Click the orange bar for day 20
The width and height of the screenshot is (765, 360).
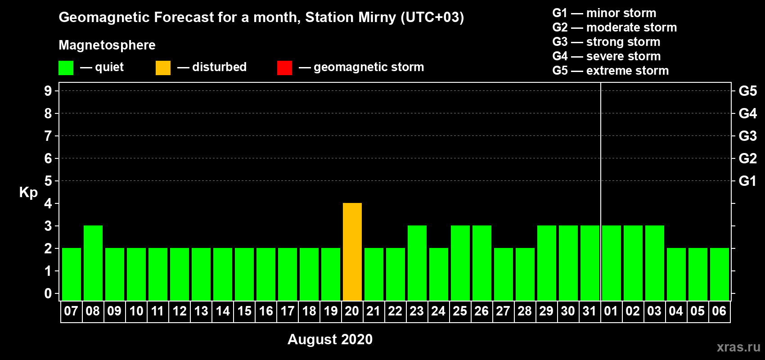coord(352,252)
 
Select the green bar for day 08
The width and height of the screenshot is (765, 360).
coord(93,263)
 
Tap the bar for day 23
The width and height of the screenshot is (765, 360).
coord(417,263)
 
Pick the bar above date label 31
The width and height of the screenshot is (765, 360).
coord(590,263)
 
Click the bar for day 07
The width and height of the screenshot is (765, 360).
coord(72,274)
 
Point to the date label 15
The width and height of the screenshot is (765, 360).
coord(244,311)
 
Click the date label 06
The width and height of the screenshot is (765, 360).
coord(719,311)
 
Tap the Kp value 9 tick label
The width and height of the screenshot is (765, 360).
coord(48,91)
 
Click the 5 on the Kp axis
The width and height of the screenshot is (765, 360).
coord(48,181)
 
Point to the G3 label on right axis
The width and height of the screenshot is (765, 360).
coord(747,136)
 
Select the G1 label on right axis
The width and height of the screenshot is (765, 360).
coord(747,181)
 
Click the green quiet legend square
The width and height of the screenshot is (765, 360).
coord(66,67)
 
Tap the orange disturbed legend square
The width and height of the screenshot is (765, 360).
coord(163,67)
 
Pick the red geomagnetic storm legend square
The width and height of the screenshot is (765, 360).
coord(284,67)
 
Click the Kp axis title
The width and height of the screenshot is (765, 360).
coord(28,193)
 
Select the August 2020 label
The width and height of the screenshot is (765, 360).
coord(330,339)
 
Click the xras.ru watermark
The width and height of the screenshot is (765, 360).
coord(738,347)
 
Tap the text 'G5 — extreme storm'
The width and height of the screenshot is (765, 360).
coord(610,71)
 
